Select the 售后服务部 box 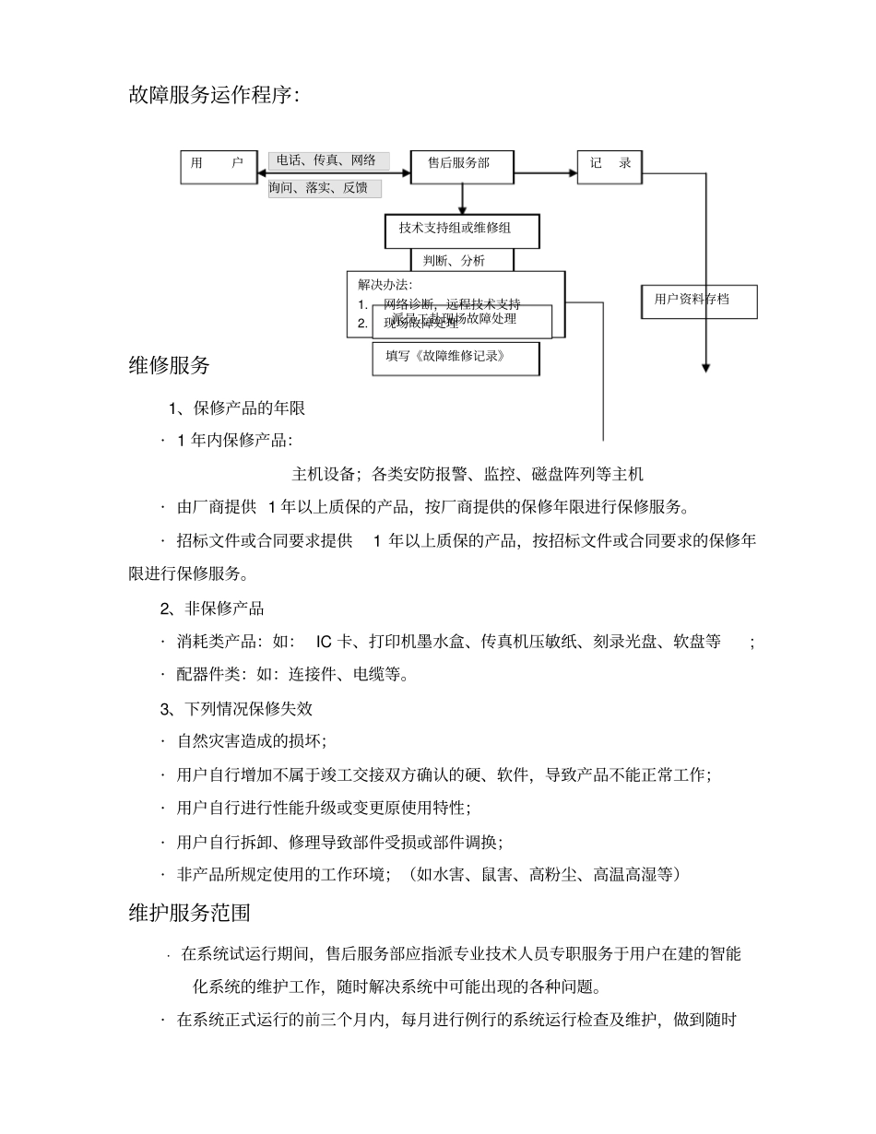pos(462,165)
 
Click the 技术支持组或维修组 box pos(461,230)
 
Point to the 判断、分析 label pos(460,261)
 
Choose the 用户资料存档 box pos(699,301)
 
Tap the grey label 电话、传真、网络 pos(328,161)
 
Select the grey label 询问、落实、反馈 pos(325,188)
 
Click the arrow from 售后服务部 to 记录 pos(545,171)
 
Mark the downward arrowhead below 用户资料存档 pos(706,368)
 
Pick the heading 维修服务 pos(170,365)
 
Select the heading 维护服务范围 pos(190,913)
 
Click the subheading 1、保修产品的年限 pos(236,408)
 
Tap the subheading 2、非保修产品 pos(212,608)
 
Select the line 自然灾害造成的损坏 pos(251,742)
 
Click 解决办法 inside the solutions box pos(385,284)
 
